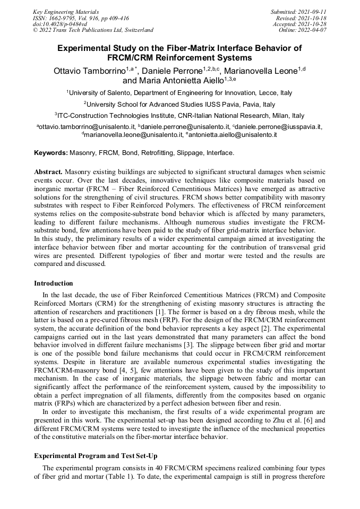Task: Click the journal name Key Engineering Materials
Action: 66,11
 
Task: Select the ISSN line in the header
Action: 80,18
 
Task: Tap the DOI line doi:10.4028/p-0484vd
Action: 59,24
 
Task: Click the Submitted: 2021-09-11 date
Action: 298,11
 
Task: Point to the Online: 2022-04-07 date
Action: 303,30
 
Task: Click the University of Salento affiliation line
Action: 179,93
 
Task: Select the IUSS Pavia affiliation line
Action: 179,105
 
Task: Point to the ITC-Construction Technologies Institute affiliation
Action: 179,116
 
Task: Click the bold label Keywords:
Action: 51,153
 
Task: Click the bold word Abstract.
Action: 48,173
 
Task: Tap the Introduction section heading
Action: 54,283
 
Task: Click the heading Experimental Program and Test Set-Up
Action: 96,456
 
